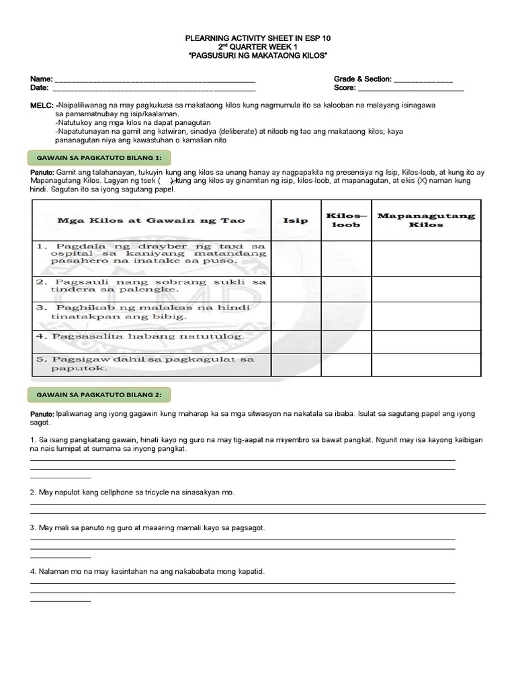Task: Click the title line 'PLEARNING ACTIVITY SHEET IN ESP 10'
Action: pyautogui.click(x=258, y=38)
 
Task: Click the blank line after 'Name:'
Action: pyautogui.click(x=155, y=81)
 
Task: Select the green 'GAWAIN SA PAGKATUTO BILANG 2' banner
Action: pyautogui.click(x=99, y=394)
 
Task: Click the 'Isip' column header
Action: pyautogui.click(x=296, y=220)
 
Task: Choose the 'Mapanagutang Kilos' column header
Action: pyautogui.click(x=427, y=220)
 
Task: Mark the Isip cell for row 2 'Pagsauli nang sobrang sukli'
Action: pyautogui.click(x=296, y=285)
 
